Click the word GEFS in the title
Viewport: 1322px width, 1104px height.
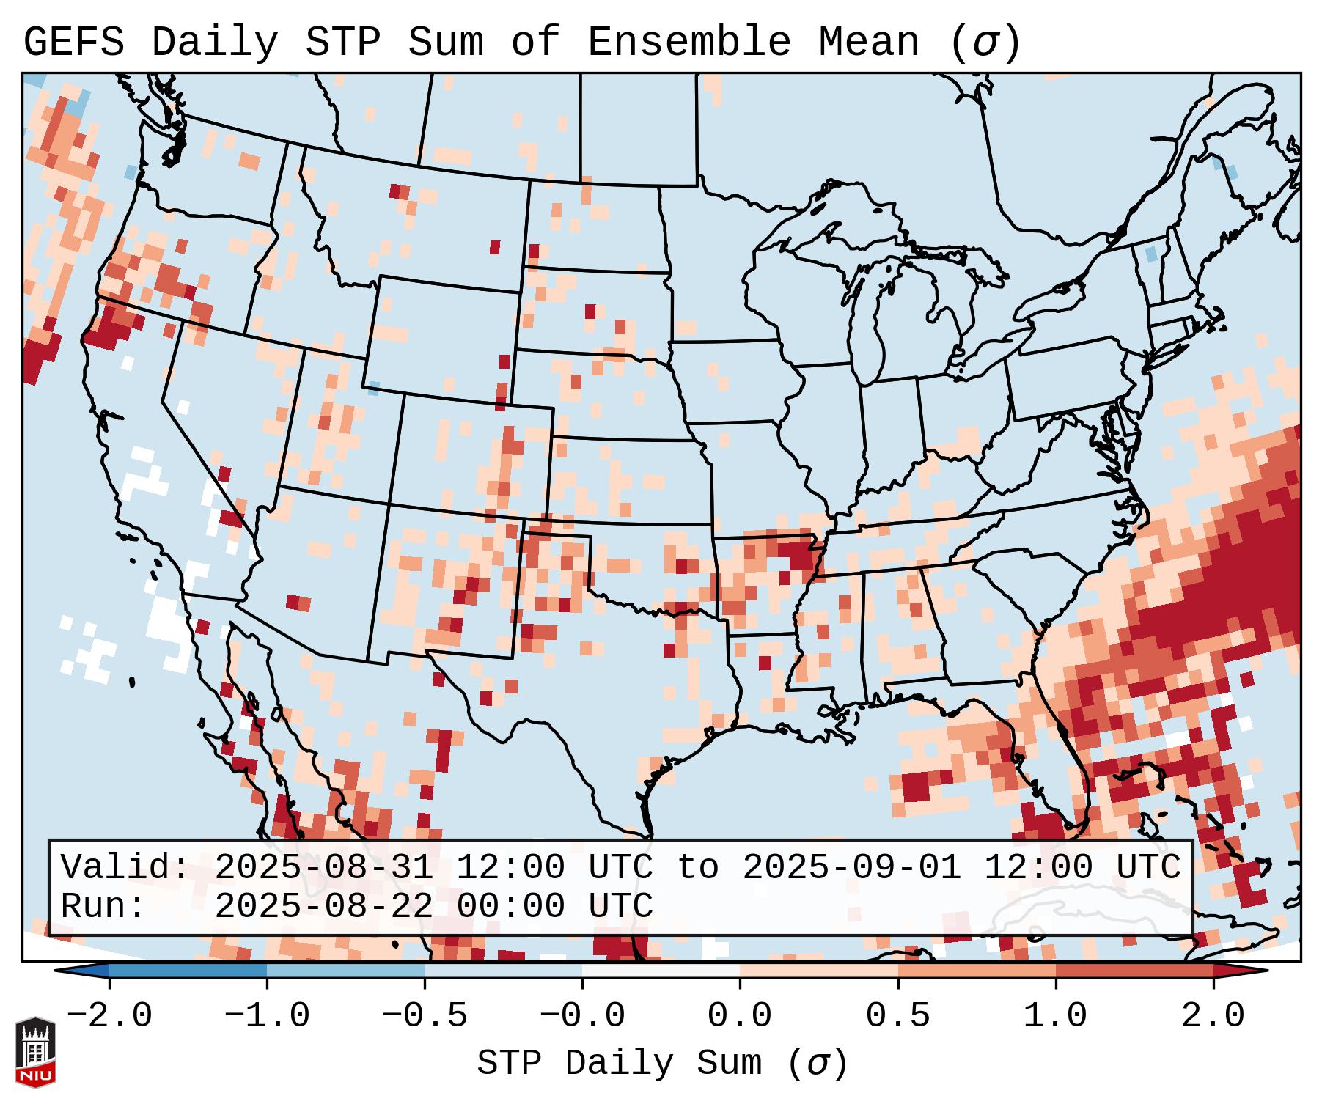pyautogui.click(x=74, y=43)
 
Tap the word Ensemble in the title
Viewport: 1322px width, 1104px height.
pyautogui.click(x=688, y=43)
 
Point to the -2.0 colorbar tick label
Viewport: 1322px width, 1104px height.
pyautogui.click(x=109, y=1016)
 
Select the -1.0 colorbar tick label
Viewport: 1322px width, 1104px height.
pyautogui.click(x=267, y=1016)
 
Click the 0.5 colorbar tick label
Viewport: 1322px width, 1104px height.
pyautogui.click(x=897, y=1016)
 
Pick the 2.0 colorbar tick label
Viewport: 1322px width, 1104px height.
pyautogui.click(x=1213, y=1016)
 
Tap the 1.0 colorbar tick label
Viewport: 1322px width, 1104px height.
pyautogui.click(x=1055, y=1016)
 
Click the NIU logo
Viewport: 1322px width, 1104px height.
pyautogui.click(x=35, y=1052)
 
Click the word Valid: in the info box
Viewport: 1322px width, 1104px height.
pyautogui.click(x=125, y=867)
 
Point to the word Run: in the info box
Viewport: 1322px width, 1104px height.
pyautogui.click(x=103, y=907)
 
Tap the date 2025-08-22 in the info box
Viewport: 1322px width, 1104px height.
pyautogui.click(x=323, y=907)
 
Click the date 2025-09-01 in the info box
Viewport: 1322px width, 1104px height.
pyautogui.click(x=851, y=867)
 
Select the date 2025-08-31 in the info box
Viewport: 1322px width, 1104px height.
pyautogui.click(x=323, y=867)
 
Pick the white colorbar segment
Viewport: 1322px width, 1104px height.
pyautogui.click(x=661, y=971)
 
